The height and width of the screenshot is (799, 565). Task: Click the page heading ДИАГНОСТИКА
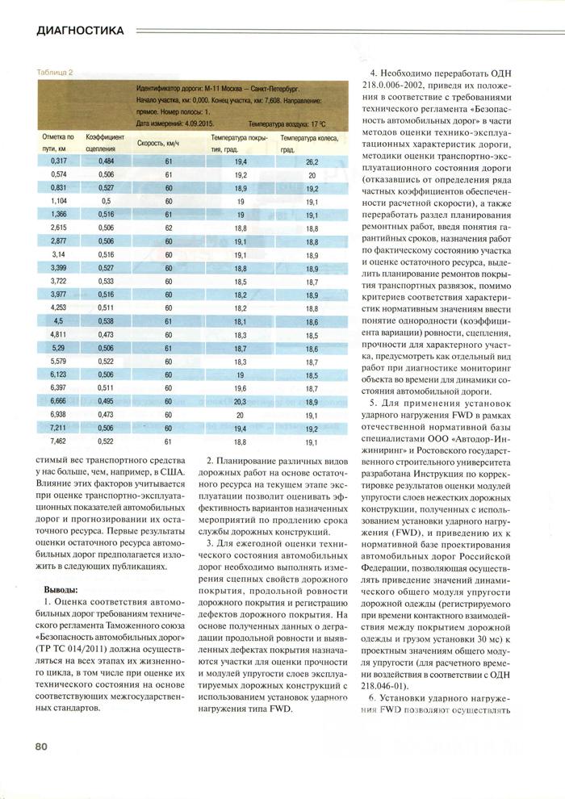69,31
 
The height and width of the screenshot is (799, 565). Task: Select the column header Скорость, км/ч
157,143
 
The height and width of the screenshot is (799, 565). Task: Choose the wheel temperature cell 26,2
312,162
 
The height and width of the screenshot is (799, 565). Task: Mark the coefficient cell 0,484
107,162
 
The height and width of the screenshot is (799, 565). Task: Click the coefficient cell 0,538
107,321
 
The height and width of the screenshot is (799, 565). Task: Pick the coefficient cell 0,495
107,401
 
